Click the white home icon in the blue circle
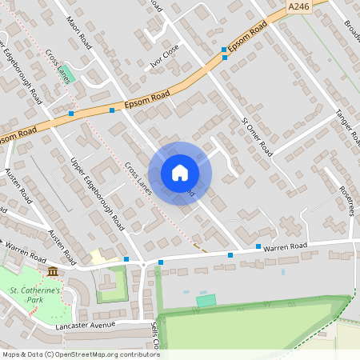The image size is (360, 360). (x=180, y=173)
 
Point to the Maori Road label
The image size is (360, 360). (x=80, y=33)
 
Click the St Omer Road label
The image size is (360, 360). (x=257, y=136)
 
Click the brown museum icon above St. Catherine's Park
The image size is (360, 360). (x=53, y=274)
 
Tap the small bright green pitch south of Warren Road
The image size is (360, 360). (x=206, y=300)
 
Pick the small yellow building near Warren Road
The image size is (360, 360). (x=98, y=257)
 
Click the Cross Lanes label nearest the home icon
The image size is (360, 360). (x=138, y=178)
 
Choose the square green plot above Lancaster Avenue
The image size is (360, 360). (x=111, y=284)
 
